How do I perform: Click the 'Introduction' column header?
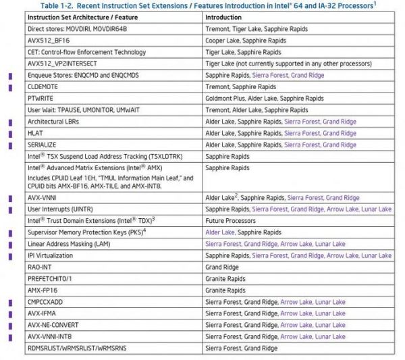224,17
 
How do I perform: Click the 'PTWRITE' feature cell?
42,98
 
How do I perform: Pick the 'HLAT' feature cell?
36,133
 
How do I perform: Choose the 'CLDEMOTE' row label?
45,86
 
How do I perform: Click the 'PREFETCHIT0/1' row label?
51,278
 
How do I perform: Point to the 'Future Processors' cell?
230,220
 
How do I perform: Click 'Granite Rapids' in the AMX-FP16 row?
226,290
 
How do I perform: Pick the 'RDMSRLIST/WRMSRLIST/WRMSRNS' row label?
75,348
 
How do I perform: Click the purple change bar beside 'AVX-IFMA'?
9,313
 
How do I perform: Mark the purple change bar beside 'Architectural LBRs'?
9,122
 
